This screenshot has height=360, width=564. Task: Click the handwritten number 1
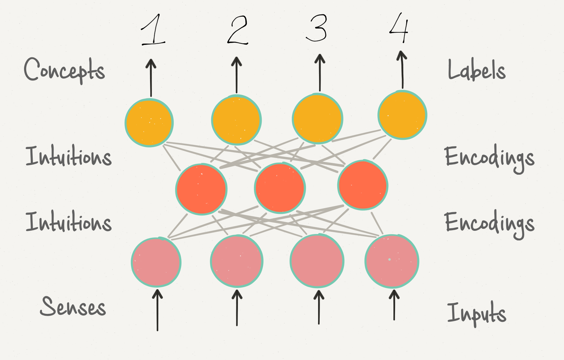[153, 30]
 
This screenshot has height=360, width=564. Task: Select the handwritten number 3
[317, 28]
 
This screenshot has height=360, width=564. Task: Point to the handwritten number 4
[399, 28]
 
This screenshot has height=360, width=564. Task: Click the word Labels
[476, 70]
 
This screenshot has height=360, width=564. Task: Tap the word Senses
[73, 307]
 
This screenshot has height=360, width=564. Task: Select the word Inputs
[476, 313]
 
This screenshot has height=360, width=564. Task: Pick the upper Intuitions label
[69, 156]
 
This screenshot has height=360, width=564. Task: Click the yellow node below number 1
[149, 123]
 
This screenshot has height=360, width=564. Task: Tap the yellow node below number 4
[402, 115]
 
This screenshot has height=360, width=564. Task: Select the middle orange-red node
[280, 188]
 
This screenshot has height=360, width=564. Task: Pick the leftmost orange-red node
[201, 189]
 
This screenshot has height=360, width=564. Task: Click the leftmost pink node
[156, 262]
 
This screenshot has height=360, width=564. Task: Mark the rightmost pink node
[392, 261]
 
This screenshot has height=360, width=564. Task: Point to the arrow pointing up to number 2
[237, 75]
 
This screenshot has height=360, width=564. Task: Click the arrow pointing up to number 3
[320, 73]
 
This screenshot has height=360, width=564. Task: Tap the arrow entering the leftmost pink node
[157, 310]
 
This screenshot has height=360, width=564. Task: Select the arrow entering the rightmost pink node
[394, 305]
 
